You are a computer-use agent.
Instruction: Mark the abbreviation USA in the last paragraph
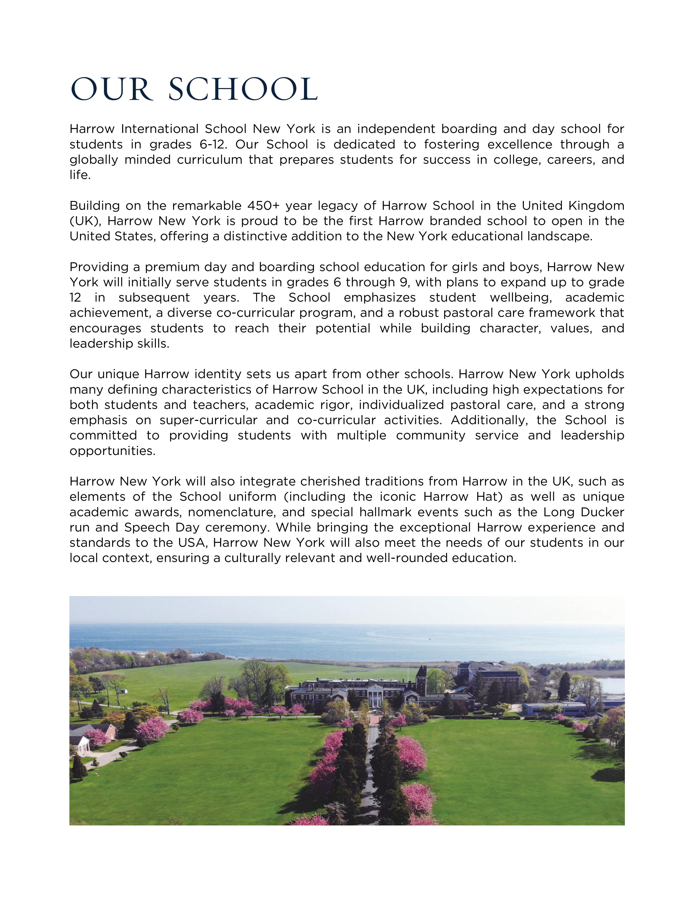192,543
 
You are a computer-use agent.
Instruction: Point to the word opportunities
112,451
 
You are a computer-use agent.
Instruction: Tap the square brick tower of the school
421,681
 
